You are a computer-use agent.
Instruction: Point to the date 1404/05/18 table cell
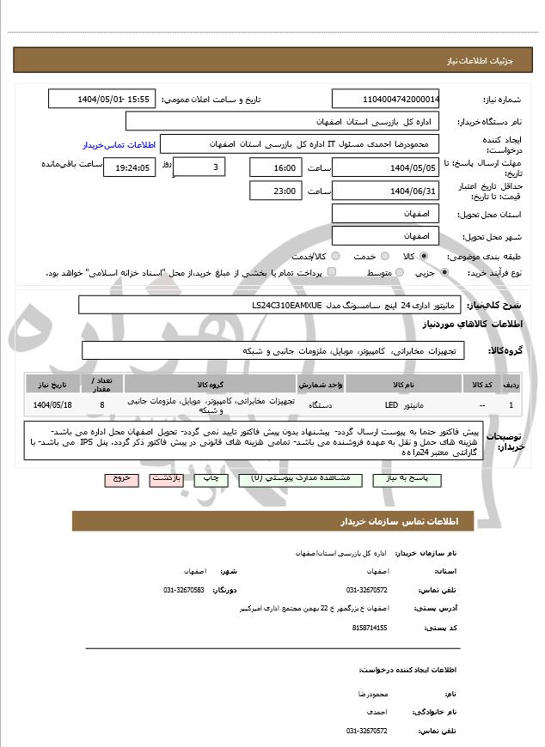[52, 404]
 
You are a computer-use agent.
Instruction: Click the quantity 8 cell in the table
[102, 404]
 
